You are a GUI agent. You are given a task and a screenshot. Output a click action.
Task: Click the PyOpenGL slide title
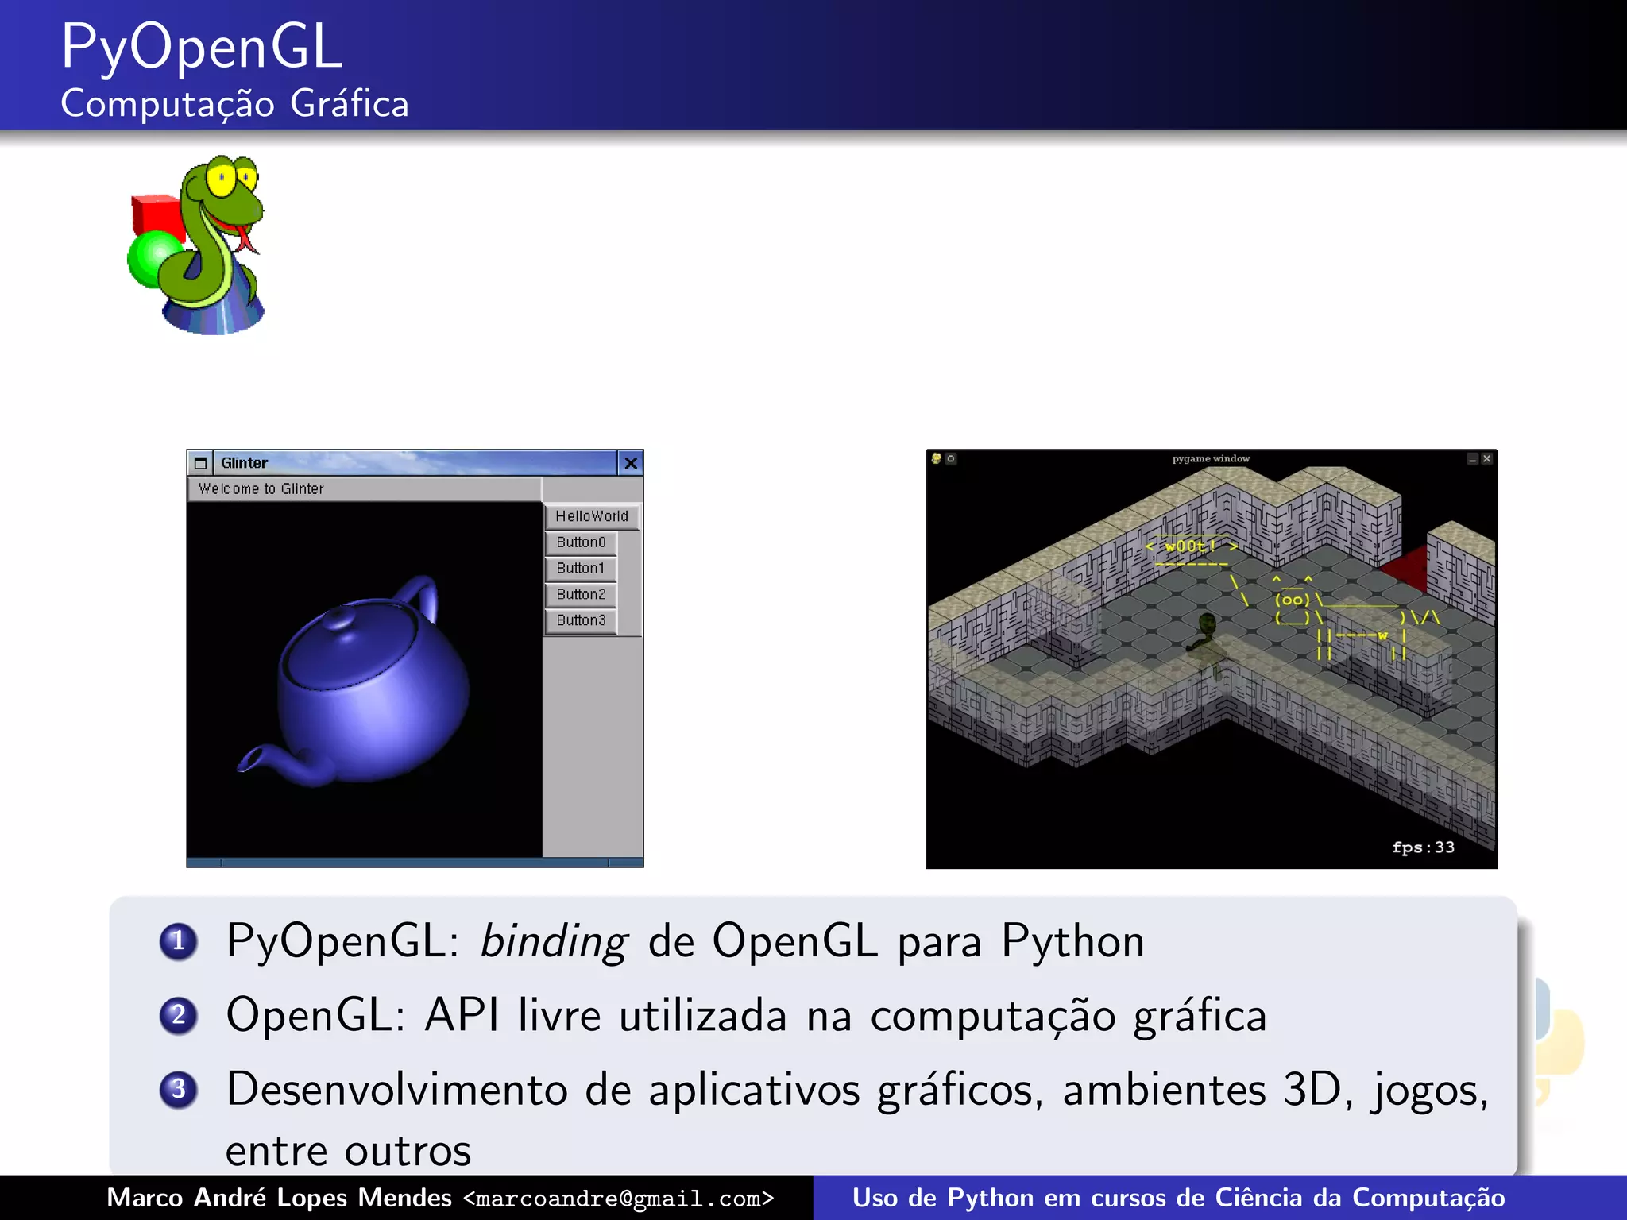[x=202, y=48]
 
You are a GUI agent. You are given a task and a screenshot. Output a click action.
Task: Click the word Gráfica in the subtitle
[x=350, y=104]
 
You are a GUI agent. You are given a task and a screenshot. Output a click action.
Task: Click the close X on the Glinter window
[x=631, y=463]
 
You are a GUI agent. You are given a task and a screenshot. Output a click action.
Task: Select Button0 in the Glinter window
[x=581, y=542]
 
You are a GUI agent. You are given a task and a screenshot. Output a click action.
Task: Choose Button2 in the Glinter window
[x=581, y=594]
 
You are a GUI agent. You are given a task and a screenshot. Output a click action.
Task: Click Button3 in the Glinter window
[x=581, y=620]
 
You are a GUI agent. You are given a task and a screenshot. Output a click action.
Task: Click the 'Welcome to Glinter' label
[x=261, y=489]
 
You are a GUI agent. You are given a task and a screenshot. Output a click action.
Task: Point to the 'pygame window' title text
[x=1211, y=458]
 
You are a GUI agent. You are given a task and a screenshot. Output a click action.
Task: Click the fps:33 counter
[x=1423, y=847]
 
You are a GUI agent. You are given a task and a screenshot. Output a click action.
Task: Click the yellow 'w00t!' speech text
[x=1190, y=546]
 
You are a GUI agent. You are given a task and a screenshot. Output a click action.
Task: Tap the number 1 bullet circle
[x=179, y=942]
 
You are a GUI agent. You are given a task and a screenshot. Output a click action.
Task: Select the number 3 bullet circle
[x=179, y=1089]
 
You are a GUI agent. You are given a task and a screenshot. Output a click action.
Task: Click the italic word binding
[x=555, y=942]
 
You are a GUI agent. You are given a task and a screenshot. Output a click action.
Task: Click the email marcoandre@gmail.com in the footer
[x=619, y=1199]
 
